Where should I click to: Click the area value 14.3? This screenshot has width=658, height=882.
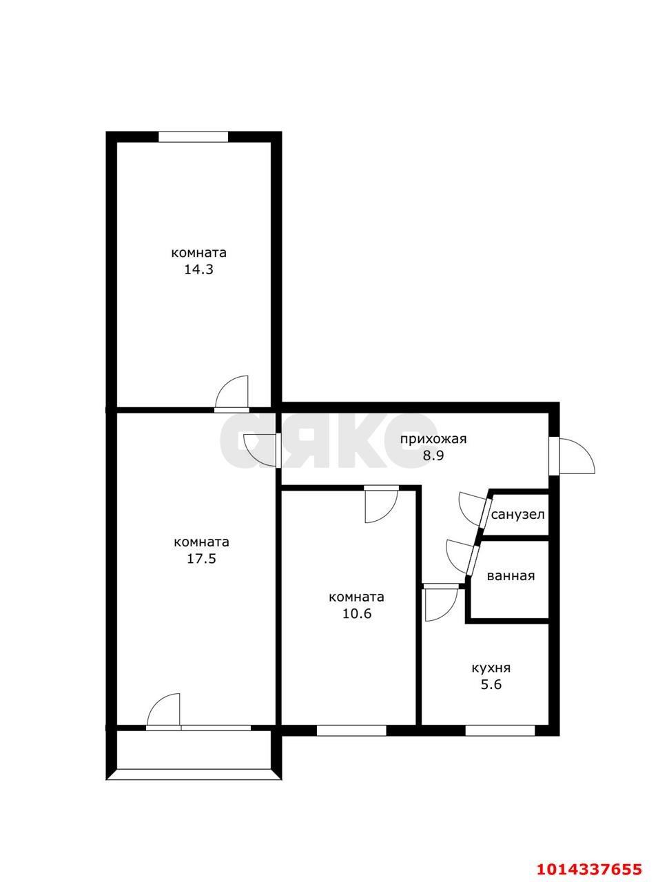click(198, 269)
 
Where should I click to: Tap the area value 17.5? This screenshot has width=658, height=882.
click(201, 559)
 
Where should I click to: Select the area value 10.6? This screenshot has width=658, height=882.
click(357, 614)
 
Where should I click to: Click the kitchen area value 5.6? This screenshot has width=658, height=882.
click(491, 685)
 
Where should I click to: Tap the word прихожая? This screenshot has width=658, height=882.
click(434, 438)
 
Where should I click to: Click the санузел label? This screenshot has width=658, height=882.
click(517, 515)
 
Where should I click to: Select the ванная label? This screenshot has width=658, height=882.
click(511, 576)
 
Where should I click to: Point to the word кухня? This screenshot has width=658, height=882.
click(491, 668)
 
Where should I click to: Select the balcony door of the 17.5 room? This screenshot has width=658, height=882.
click(164, 710)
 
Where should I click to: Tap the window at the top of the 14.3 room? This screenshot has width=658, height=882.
click(193, 136)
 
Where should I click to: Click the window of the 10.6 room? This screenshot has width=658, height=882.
click(351, 730)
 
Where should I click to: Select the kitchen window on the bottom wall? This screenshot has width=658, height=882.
click(500, 730)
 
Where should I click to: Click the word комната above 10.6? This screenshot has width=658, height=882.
click(357, 597)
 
